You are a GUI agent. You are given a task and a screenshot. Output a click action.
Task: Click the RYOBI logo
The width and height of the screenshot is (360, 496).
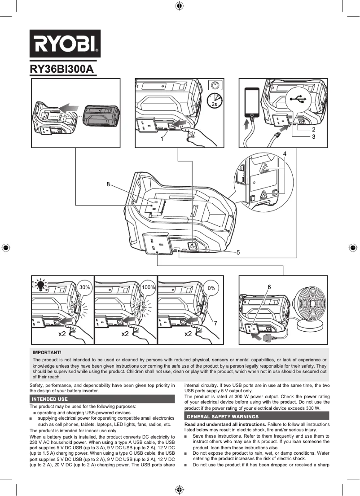(65, 44)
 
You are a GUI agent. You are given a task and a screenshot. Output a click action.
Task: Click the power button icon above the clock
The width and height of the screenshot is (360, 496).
(215, 85)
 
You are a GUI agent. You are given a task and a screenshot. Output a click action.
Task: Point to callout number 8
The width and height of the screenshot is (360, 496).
(108, 184)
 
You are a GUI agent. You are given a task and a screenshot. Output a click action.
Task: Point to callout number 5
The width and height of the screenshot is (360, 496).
(238, 252)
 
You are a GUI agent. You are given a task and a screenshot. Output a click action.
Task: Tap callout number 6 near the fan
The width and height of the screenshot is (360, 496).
(269, 286)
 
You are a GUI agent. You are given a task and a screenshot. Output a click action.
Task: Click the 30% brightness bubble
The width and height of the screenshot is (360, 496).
(85, 287)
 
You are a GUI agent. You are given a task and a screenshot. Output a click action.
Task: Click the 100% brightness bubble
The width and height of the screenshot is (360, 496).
(148, 287)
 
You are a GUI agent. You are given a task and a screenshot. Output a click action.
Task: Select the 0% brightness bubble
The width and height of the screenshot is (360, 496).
(211, 288)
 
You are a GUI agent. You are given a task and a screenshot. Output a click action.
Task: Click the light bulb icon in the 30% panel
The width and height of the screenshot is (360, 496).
(41, 284)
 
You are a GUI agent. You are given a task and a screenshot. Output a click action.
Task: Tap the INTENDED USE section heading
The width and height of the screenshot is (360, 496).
(50, 399)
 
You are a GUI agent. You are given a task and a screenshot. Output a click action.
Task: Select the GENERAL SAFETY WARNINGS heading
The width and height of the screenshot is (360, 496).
(223, 417)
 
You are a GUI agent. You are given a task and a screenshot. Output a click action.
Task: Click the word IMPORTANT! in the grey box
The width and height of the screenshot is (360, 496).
(47, 353)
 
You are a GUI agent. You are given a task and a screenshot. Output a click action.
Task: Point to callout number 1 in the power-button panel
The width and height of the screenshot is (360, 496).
(162, 139)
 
